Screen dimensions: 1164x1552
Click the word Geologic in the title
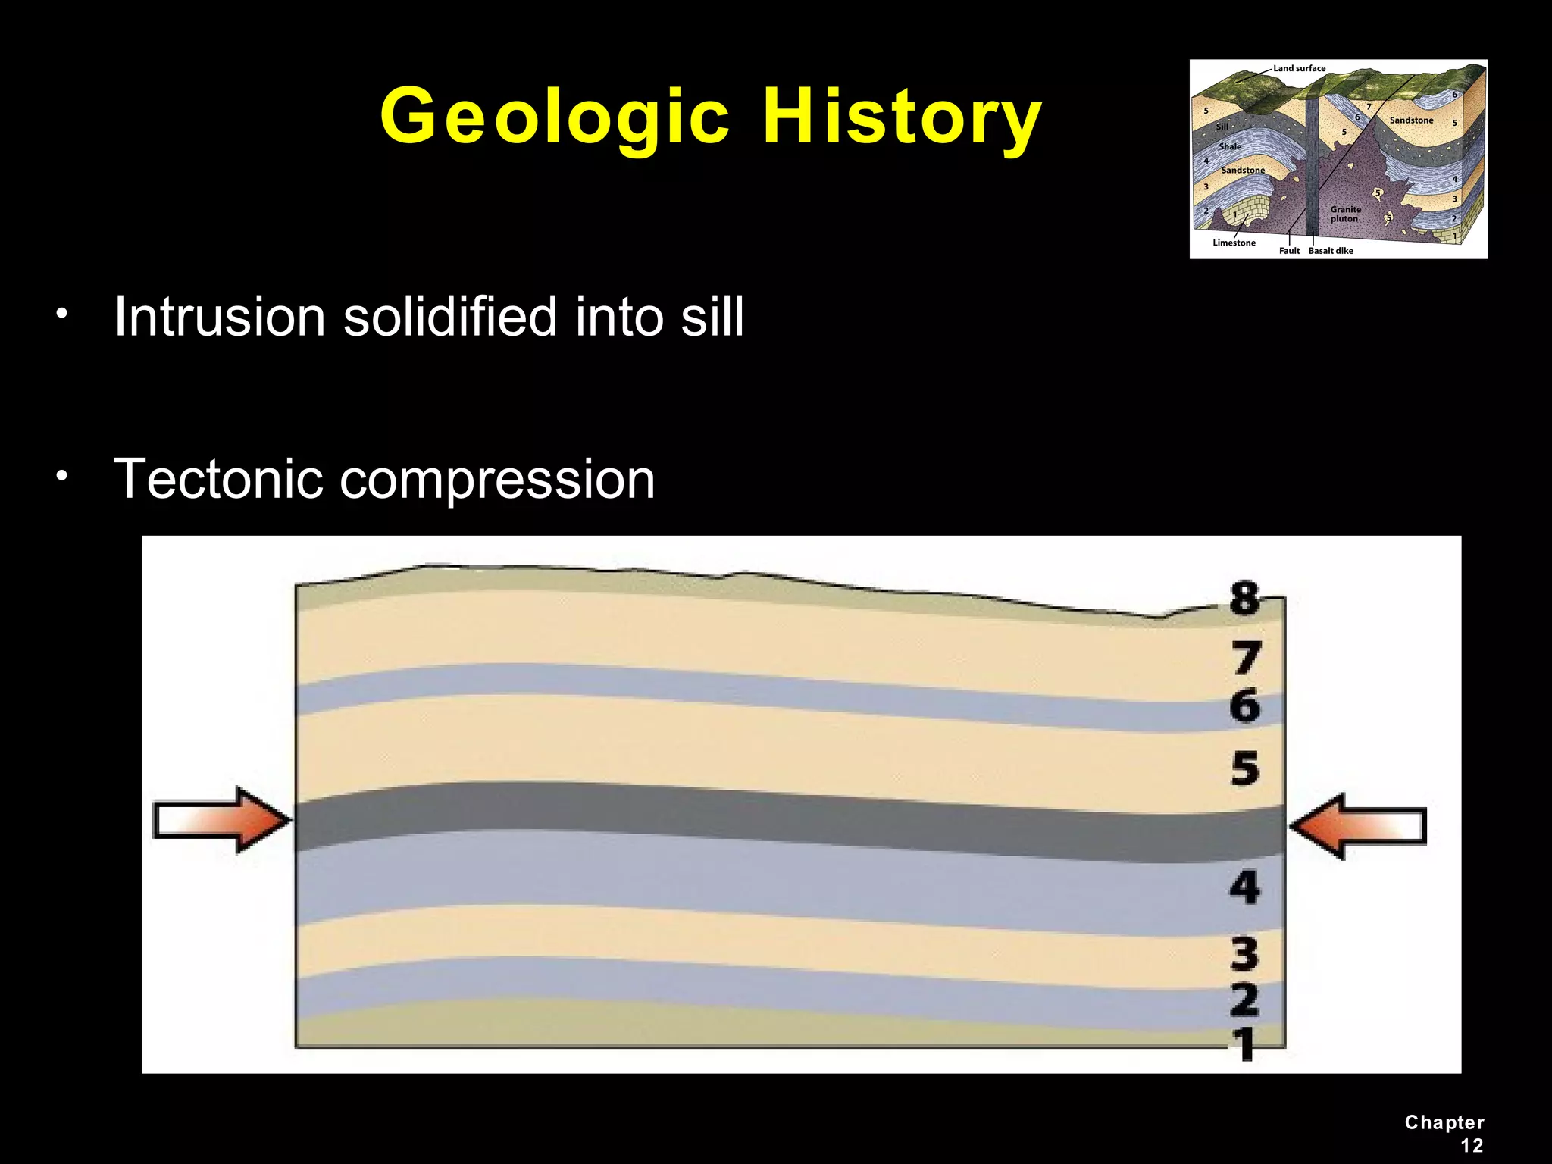point(555,117)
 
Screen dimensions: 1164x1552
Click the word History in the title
point(902,117)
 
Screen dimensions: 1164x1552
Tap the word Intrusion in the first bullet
point(220,316)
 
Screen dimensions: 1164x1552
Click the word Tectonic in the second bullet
point(217,479)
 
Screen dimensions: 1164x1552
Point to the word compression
point(497,479)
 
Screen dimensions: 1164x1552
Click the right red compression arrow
point(1357,825)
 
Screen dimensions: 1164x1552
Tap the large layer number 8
point(1244,598)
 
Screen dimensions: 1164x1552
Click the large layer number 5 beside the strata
point(1244,768)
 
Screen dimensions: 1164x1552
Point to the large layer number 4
point(1244,886)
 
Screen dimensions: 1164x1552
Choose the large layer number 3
point(1244,953)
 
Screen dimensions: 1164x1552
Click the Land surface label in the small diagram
point(1299,68)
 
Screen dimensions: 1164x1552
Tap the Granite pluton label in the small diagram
point(1345,214)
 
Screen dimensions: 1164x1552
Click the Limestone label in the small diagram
point(1234,242)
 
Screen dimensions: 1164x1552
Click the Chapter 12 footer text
point(1444,1133)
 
